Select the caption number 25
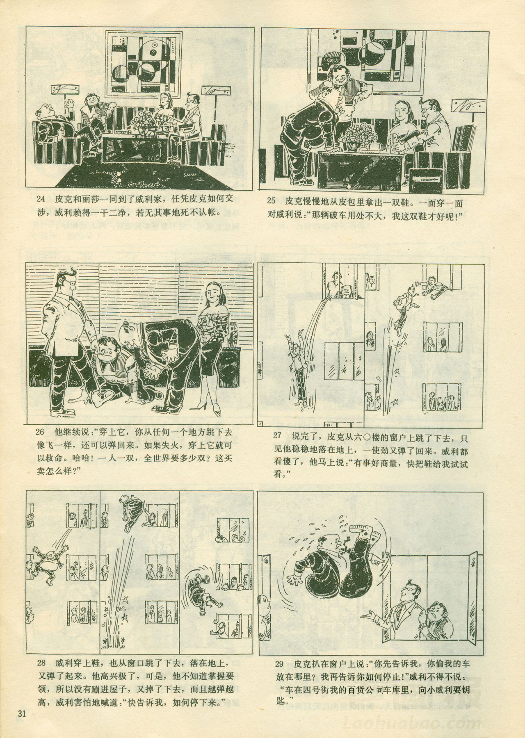(271, 201)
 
